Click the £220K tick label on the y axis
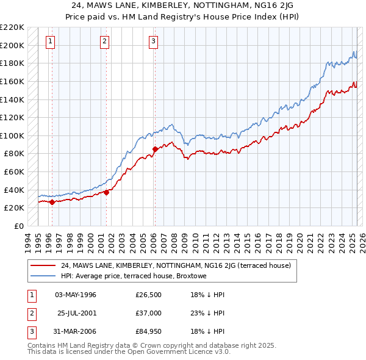pyautogui.click(x=12, y=27)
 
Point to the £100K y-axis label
pyautogui.click(x=12, y=135)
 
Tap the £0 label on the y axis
pyautogui.click(x=20, y=226)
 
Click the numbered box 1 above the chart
pyautogui.click(x=49, y=41)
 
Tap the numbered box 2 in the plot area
pyautogui.click(x=105, y=41)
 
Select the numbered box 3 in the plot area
pyautogui.click(x=153, y=41)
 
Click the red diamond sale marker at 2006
pyautogui.click(x=155, y=149)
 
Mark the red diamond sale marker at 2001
pyautogui.click(x=106, y=192)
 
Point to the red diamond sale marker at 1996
pyautogui.click(x=52, y=202)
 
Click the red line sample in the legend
pyautogui.click(x=44, y=266)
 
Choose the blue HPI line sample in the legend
pyautogui.click(x=44, y=276)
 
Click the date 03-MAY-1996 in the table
pyautogui.click(x=76, y=295)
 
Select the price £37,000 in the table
pyautogui.click(x=149, y=313)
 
